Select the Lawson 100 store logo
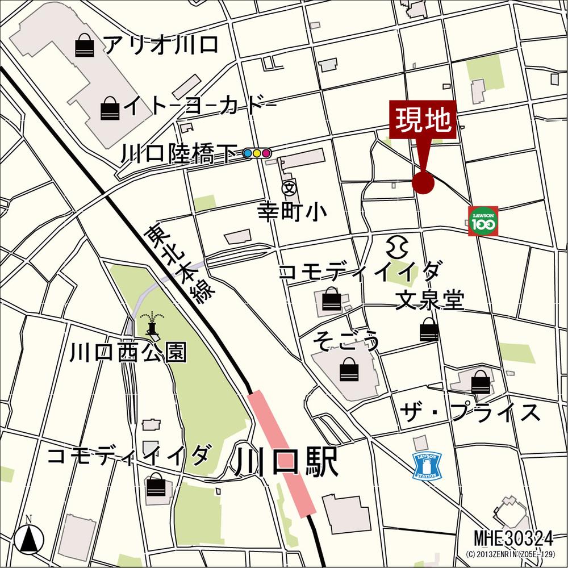[483, 221]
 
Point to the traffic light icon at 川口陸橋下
[257, 153]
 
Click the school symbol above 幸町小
[289, 186]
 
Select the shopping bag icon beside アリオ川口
[85, 45]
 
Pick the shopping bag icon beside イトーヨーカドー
[110, 108]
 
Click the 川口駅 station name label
[286, 463]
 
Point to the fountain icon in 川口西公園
[151, 323]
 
